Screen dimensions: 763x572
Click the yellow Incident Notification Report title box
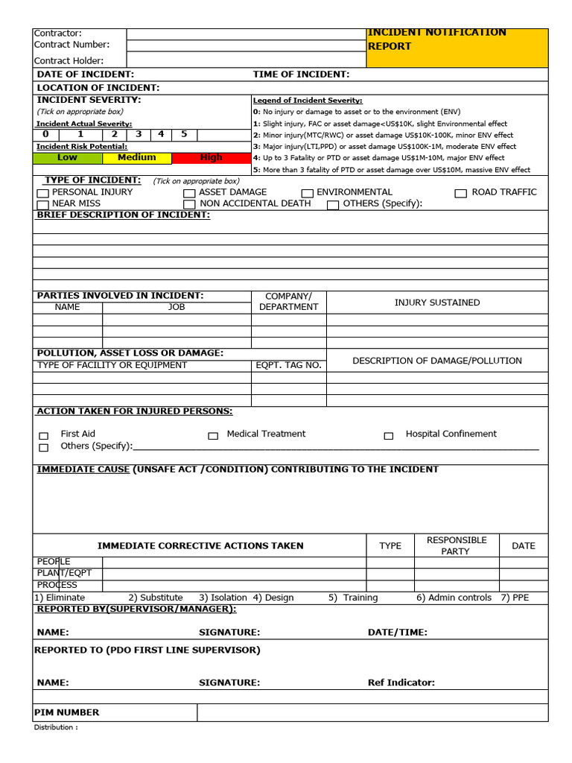click(x=457, y=48)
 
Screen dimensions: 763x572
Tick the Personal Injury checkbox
click(x=43, y=194)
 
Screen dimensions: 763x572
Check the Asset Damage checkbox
click(x=190, y=194)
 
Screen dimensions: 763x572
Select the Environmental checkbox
click(x=308, y=194)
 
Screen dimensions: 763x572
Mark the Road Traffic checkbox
click(x=461, y=194)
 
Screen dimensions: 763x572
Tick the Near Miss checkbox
click(x=43, y=205)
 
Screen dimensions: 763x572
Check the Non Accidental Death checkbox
click(x=190, y=205)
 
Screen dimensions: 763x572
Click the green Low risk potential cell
click(x=68, y=158)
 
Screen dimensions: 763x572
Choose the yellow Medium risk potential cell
click(x=137, y=158)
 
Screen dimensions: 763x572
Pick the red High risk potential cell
click(x=211, y=158)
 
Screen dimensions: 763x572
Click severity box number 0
click(x=45, y=135)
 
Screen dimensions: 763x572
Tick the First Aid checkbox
click(x=43, y=436)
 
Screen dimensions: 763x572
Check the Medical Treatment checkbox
click(x=213, y=436)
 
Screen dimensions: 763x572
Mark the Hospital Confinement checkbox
click(x=388, y=436)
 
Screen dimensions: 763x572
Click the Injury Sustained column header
click(x=437, y=303)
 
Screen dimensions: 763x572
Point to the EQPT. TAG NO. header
click(x=288, y=365)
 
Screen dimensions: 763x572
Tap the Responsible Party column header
click(x=456, y=545)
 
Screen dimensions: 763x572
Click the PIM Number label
click(x=68, y=712)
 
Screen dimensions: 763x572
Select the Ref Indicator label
click(x=401, y=683)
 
